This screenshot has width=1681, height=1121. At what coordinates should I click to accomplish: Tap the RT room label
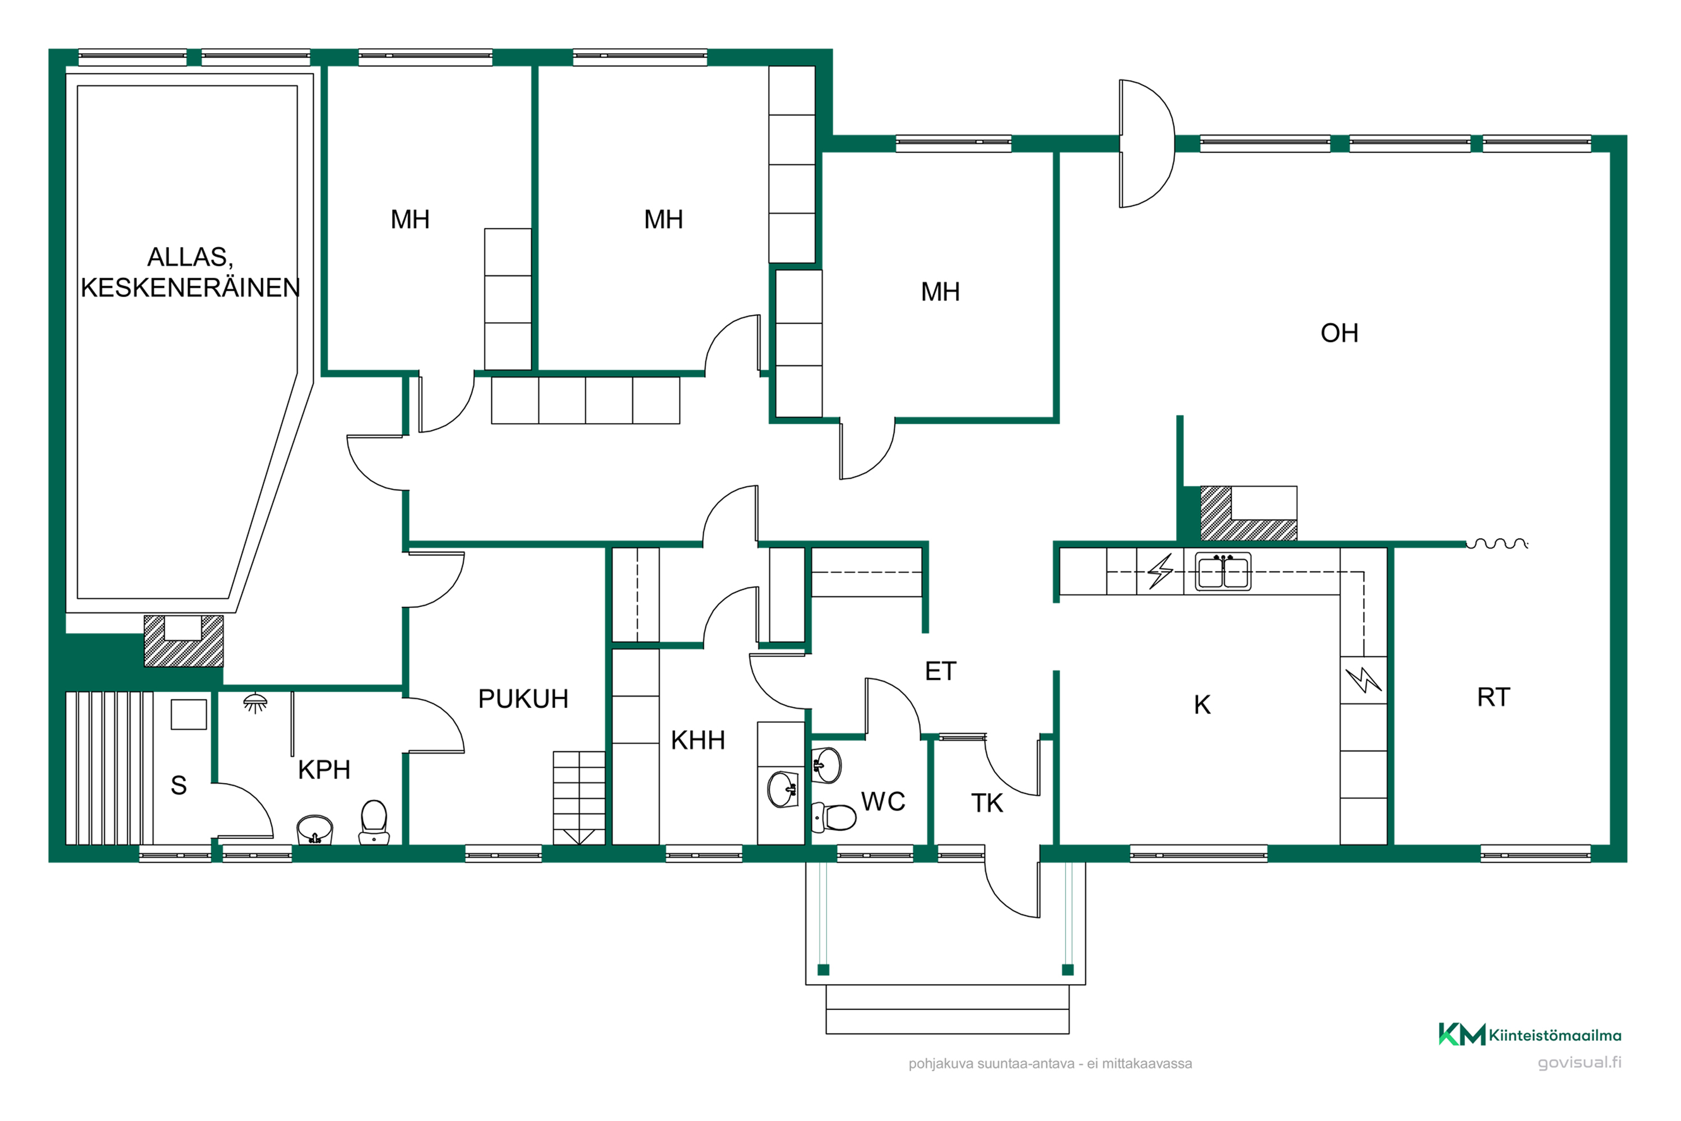click(1493, 697)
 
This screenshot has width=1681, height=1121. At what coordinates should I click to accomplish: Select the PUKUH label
click(523, 698)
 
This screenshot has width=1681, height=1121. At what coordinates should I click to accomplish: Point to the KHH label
click(698, 740)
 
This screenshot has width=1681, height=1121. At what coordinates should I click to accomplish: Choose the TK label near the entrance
click(986, 803)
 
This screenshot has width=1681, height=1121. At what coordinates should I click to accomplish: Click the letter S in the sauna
click(179, 786)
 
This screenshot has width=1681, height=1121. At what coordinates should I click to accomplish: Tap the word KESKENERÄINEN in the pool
click(190, 288)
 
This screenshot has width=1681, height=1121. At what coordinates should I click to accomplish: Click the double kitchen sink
click(1224, 572)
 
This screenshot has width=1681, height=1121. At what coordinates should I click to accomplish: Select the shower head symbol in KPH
click(255, 703)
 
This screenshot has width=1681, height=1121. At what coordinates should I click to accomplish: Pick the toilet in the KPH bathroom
click(374, 822)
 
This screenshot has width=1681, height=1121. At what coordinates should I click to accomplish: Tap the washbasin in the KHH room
click(783, 789)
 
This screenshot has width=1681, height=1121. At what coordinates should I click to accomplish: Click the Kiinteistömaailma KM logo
click(1461, 1035)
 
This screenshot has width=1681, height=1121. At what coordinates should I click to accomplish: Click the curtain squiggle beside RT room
click(1497, 544)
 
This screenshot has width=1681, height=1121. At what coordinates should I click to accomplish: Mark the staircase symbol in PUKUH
click(579, 798)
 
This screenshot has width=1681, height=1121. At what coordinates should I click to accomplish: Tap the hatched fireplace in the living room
click(1248, 513)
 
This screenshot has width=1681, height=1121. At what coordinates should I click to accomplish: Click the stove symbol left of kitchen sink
click(1160, 571)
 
